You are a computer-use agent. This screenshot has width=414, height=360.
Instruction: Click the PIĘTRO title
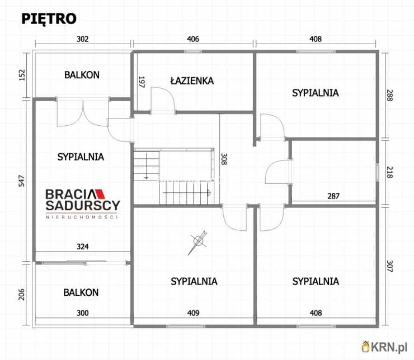[x=49, y=19]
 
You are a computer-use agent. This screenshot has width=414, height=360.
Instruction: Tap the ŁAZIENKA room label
[x=192, y=80]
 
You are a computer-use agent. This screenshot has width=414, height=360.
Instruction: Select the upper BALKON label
[x=82, y=75]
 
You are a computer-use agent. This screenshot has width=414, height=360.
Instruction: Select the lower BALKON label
[x=81, y=292]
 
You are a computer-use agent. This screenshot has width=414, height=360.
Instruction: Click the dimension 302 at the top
[x=83, y=39]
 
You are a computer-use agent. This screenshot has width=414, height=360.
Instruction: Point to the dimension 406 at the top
[x=193, y=39]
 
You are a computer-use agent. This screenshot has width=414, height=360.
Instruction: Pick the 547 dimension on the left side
[x=22, y=181]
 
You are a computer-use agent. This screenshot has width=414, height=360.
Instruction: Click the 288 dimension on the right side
[x=390, y=96]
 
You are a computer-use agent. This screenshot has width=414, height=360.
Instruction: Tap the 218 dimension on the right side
[x=390, y=172]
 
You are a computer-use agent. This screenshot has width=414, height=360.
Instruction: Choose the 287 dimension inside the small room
[x=333, y=196]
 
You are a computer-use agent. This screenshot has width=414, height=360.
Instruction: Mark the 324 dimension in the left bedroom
[x=83, y=247]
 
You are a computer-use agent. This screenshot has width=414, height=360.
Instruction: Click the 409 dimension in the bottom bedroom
[x=193, y=313]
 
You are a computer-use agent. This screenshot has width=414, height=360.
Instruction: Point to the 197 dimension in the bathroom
[x=142, y=82]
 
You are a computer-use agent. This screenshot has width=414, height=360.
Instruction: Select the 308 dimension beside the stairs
[x=224, y=159]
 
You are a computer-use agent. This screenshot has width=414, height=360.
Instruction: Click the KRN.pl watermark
[x=384, y=347]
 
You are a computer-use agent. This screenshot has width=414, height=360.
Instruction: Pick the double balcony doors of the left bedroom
[x=83, y=112]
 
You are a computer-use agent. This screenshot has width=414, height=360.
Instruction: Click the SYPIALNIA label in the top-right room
[x=316, y=93]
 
